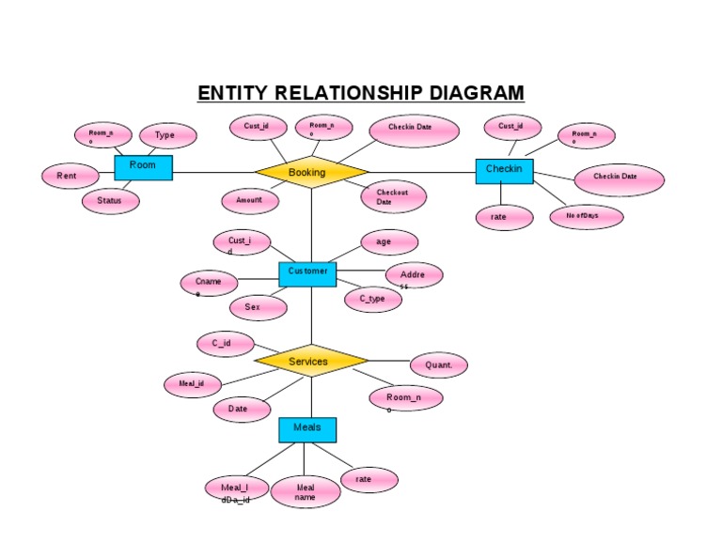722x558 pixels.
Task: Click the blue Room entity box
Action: tap(143, 167)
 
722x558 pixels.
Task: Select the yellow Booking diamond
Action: tap(311, 173)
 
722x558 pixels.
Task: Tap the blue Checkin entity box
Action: tap(504, 170)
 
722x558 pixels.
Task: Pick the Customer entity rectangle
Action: tap(307, 273)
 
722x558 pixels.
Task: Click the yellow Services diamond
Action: tap(311, 362)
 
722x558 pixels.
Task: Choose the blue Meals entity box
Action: tap(307, 429)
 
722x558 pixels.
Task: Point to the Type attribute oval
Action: tap(167, 136)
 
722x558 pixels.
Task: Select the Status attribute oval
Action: tap(110, 201)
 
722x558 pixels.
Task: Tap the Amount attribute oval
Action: tap(250, 200)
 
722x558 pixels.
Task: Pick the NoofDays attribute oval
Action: tap(586, 217)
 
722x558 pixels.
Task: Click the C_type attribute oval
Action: tap(372, 300)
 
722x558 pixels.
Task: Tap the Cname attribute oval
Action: tap(210, 283)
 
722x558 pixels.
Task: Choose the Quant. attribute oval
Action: tap(438, 365)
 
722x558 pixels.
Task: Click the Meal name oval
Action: tap(306, 492)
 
